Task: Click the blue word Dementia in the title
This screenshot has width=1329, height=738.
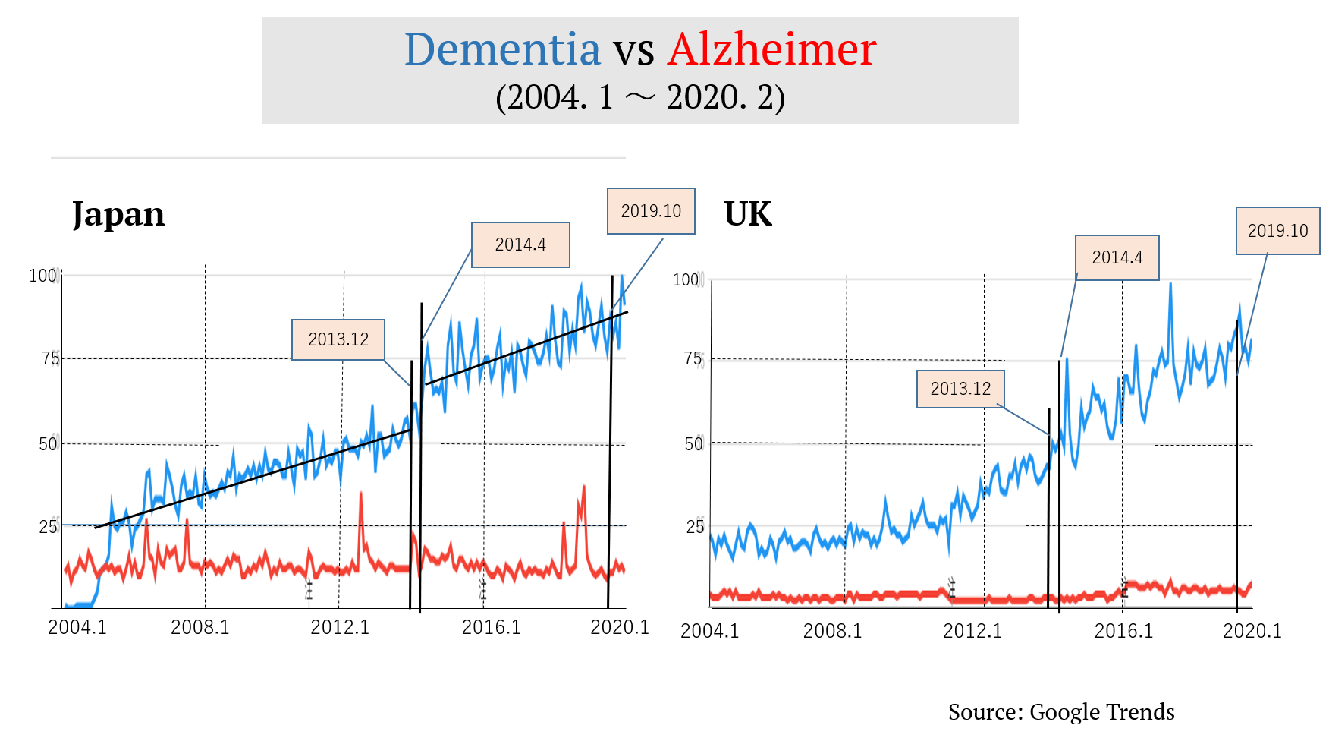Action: [x=502, y=49]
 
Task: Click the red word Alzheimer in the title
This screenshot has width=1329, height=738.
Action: [x=771, y=49]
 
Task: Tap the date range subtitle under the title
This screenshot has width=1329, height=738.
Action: [x=639, y=97]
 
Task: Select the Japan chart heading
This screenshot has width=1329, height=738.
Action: [x=118, y=214]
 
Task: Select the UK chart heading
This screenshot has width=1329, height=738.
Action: [x=747, y=214]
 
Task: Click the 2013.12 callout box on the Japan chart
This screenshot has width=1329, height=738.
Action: [x=338, y=339]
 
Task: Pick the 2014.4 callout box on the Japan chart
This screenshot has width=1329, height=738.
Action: [x=520, y=244]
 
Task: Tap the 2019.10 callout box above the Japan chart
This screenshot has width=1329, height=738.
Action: [x=651, y=211]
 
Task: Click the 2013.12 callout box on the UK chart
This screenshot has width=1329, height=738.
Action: [x=960, y=389]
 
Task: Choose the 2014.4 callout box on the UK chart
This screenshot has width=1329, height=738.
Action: [x=1117, y=257]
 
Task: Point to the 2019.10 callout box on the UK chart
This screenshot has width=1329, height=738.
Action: [x=1277, y=231]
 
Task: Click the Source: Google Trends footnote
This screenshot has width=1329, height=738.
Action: [x=1061, y=711]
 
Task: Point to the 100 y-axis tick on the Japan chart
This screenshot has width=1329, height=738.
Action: [x=42, y=276]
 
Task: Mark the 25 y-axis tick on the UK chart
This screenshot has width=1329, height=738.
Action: [x=695, y=526]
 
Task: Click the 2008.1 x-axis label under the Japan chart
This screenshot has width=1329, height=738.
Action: [x=200, y=627]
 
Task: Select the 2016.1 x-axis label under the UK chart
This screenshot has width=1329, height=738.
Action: [x=1123, y=631]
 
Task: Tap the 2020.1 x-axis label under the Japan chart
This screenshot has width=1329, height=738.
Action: [x=620, y=627]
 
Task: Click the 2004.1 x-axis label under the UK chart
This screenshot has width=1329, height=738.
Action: [x=709, y=631]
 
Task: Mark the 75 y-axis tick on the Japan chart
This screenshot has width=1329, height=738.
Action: [x=50, y=358]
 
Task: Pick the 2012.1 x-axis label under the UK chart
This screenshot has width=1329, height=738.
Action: [x=972, y=631]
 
